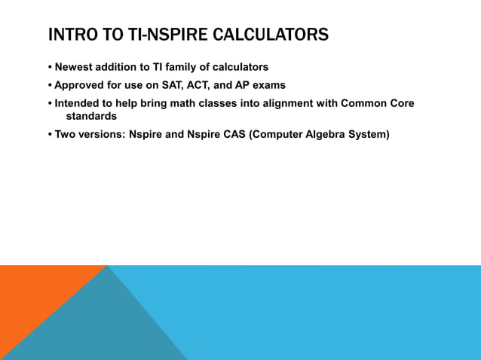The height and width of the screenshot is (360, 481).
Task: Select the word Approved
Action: coord(81,85)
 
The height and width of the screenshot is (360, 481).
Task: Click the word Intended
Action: coord(78,103)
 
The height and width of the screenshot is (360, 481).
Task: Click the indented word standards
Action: coord(91,117)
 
